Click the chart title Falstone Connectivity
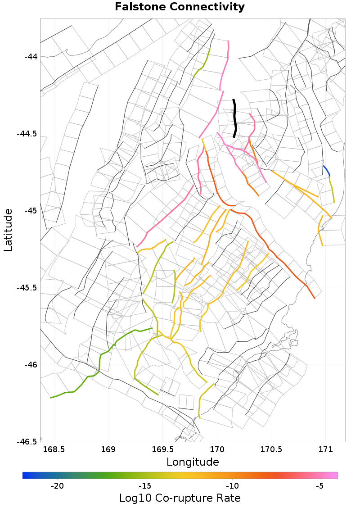coord(180,7)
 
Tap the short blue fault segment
coord(327,170)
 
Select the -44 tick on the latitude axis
coord(31,57)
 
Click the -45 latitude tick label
coord(31,211)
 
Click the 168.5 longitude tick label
coord(54,449)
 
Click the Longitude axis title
coord(193,462)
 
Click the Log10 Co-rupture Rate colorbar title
coord(180,498)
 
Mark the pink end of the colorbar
coord(334,475)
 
